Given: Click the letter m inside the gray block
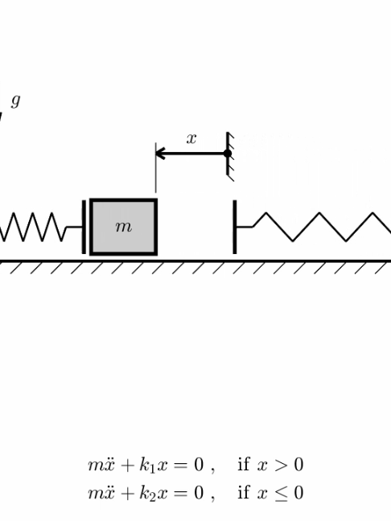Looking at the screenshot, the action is (123, 227).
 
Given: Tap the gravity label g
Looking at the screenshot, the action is (15, 101).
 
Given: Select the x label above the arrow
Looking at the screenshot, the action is (191, 138).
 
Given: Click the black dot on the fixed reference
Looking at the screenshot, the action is (228, 154).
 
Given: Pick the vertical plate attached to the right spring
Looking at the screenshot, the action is (235, 227).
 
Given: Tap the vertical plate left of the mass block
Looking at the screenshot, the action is (84, 227).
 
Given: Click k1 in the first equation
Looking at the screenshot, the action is (147, 466).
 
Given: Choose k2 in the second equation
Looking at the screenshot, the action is (147, 493).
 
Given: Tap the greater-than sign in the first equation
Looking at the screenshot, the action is (281, 465).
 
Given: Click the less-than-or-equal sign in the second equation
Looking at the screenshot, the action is (281, 493).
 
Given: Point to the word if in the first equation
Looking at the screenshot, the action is (244, 464).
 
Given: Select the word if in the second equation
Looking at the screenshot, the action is (244, 491).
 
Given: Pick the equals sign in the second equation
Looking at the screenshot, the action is (182, 493).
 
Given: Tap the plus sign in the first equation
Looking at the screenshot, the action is (127, 466).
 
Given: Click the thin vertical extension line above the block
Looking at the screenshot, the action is (155, 168).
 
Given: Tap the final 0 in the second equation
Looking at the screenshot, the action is (298, 492).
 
